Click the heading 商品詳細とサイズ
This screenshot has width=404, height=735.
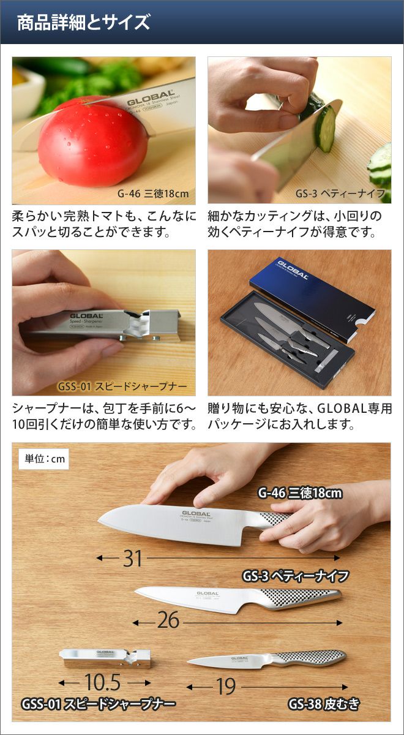click(84, 23)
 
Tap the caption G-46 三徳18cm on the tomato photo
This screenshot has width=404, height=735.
click(153, 194)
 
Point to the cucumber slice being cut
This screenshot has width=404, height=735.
click(324, 128)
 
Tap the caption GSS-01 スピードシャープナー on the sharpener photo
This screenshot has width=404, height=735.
click(122, 386)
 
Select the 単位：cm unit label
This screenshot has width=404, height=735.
click(44, 458)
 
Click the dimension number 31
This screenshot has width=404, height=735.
click(133, 558)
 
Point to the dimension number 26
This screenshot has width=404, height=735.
click(168, 620)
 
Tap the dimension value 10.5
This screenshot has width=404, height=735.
click(103, 682)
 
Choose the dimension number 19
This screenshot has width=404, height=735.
click(226, 686)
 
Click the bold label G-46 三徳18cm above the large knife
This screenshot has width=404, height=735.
click(300, 493)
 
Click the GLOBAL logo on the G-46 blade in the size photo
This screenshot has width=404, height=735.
click(196, 513)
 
